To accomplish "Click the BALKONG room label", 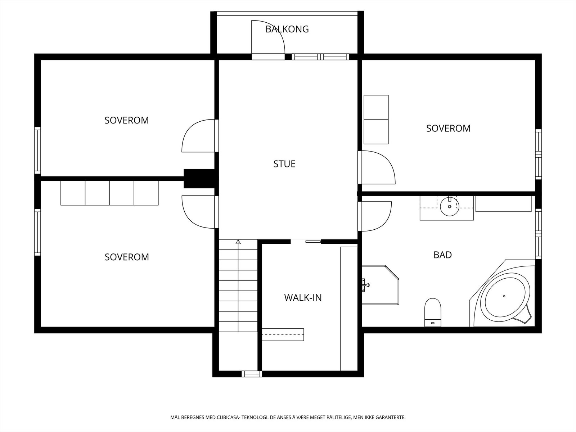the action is tap(287, 29).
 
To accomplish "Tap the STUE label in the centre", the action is tap(284, 164).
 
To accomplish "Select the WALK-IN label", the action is tap(303, 298).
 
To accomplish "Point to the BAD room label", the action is tap(443, 255).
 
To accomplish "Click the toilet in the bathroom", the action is tap(433, 312).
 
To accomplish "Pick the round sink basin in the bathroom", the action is tap(450, 207).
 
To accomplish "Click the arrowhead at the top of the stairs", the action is tap(238, 242).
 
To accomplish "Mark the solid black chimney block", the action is tap(201, 179).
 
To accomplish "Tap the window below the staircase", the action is tap(252, 374).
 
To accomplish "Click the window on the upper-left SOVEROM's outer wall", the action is tap(37, 150).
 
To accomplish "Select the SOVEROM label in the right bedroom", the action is tap(448, 129).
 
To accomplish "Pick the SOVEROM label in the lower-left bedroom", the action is tap(127, 257).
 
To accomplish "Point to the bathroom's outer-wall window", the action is tap(539, 234).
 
